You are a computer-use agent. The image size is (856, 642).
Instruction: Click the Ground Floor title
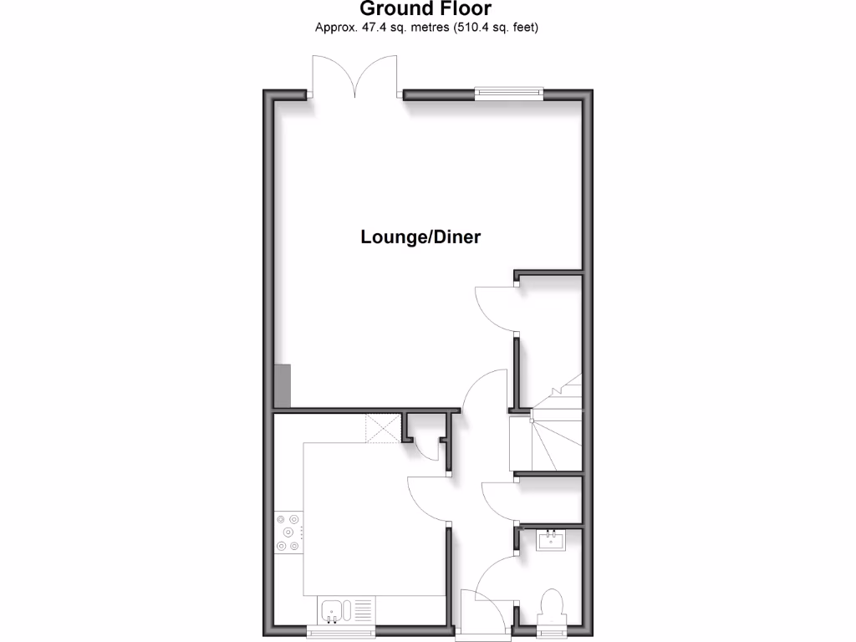(425, 9)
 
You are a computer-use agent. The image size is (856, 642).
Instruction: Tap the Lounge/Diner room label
(420, 237)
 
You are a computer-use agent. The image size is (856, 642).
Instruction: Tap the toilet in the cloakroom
(552, 607)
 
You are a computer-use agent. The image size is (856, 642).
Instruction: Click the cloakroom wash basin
(553, 540)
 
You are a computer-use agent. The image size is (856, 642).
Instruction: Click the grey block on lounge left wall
(283, 386)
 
